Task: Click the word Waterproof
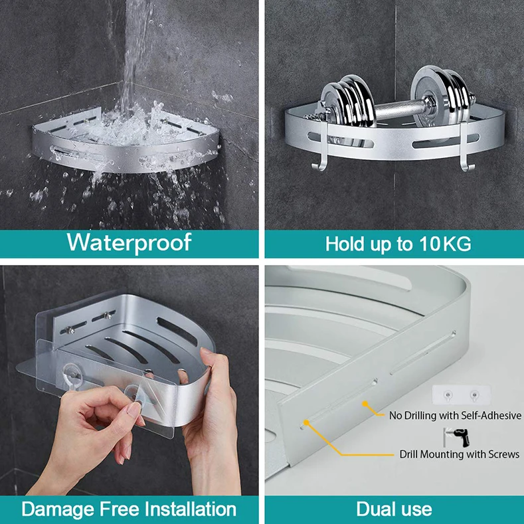pyautogui.click(x=129, y=242)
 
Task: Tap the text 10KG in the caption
pyautogui.click(x=444, y=244)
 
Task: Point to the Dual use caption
pyautogui.click(x=394, y=509)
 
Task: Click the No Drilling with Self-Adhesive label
pyautogui.click(x=455, y=416)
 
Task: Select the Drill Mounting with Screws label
pyautogui.click(x=459, y=454)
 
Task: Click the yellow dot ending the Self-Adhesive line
pyautogui.click(x=364, y=402)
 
